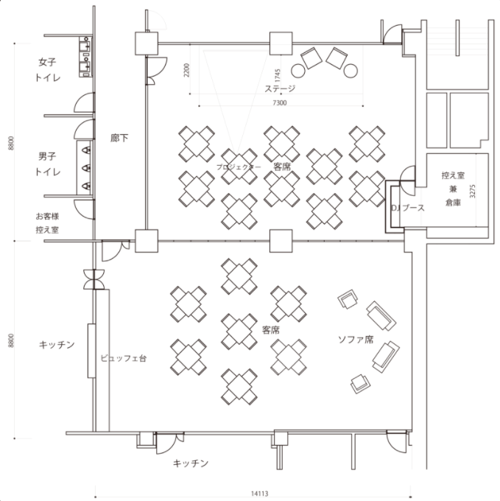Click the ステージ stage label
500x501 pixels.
point(280,88)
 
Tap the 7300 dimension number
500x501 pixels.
point(280,102)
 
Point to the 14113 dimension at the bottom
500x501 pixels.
point(259,494)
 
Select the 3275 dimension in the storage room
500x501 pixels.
point(473,191)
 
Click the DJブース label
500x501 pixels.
point(408,208)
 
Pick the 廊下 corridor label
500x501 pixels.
point(119,138)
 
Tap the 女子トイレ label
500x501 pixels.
point(48,70)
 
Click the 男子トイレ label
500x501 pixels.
point(48,164)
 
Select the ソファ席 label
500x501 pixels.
point(356,340)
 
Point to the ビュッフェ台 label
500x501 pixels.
point(124,358)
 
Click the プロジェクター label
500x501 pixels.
point(239,167)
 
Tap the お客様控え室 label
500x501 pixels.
point(47,223)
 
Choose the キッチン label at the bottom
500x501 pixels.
point(191,463)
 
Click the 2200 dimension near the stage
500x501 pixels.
point(187,70)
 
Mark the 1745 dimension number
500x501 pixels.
point(278,75)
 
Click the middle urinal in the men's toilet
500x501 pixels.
point(86,168)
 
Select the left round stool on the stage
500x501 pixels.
point(298,71)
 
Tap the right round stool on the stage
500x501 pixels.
point(351,71)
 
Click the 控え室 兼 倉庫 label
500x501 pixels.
point(453,189)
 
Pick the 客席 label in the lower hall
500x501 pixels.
point(271,330)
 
